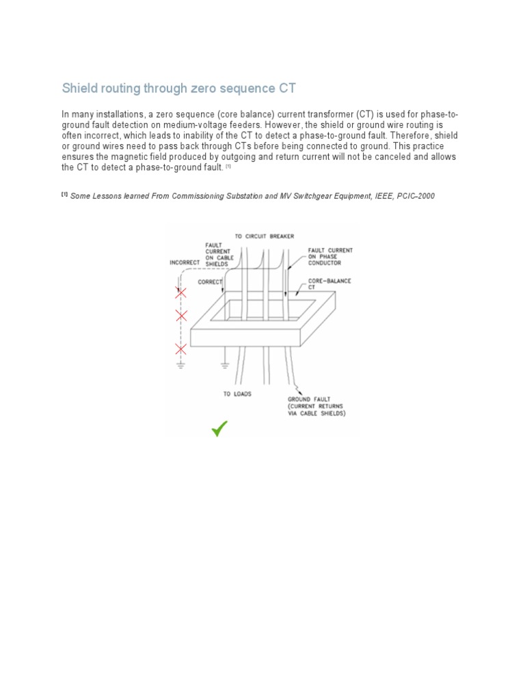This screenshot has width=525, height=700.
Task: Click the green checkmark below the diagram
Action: (x=219, y=429)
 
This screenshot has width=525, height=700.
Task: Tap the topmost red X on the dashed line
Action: (x=181, y=293)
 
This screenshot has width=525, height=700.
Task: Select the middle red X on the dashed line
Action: (x=181, y=315)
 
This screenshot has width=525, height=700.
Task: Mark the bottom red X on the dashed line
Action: (x=181, y=349)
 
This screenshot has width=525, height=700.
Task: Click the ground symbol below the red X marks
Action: (x=181, y=366)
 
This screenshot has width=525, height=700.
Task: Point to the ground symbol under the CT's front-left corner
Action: (x=224, y=366)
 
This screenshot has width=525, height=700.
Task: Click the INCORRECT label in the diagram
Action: (x=185, y=262)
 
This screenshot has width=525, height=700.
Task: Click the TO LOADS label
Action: (x=237, y=394)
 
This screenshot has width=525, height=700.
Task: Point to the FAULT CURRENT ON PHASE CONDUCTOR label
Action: (x=330, y=256)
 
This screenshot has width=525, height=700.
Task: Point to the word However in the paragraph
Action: (x=284, y=125)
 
